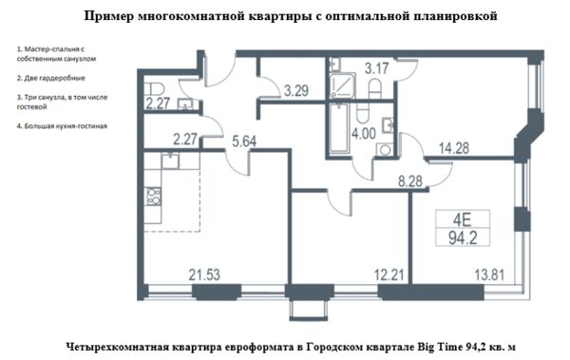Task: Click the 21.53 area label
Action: pos(204,275)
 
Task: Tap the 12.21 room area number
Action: pos(389,275)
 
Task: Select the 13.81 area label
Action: pos(489,275)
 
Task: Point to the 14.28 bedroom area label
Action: pos(454,148)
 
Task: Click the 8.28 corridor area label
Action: pos(410,181)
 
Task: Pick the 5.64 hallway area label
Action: pos(244,142)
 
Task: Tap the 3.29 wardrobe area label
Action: pos(296,90)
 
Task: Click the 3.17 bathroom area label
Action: pos(377,68)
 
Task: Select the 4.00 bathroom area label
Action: pos(364,133)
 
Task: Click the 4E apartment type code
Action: pos(462,220)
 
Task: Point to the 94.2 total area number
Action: pos(463,238)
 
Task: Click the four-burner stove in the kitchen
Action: pos(153,197)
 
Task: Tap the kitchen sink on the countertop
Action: pos(170,161)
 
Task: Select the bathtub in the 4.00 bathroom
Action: pos(338,128)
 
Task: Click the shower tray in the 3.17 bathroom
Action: pos(342,85)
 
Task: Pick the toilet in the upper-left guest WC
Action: pos(155,88)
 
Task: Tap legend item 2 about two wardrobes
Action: pos(51,78)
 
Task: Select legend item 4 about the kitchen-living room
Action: pos(62,126)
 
